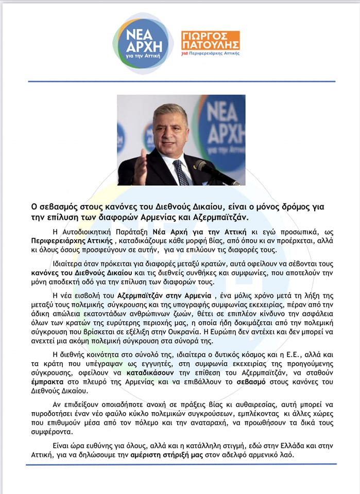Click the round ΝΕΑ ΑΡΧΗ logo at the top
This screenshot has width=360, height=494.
pos(143,43)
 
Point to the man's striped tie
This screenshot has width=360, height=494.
pos(180,172)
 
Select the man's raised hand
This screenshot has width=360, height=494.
pos(140,166)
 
